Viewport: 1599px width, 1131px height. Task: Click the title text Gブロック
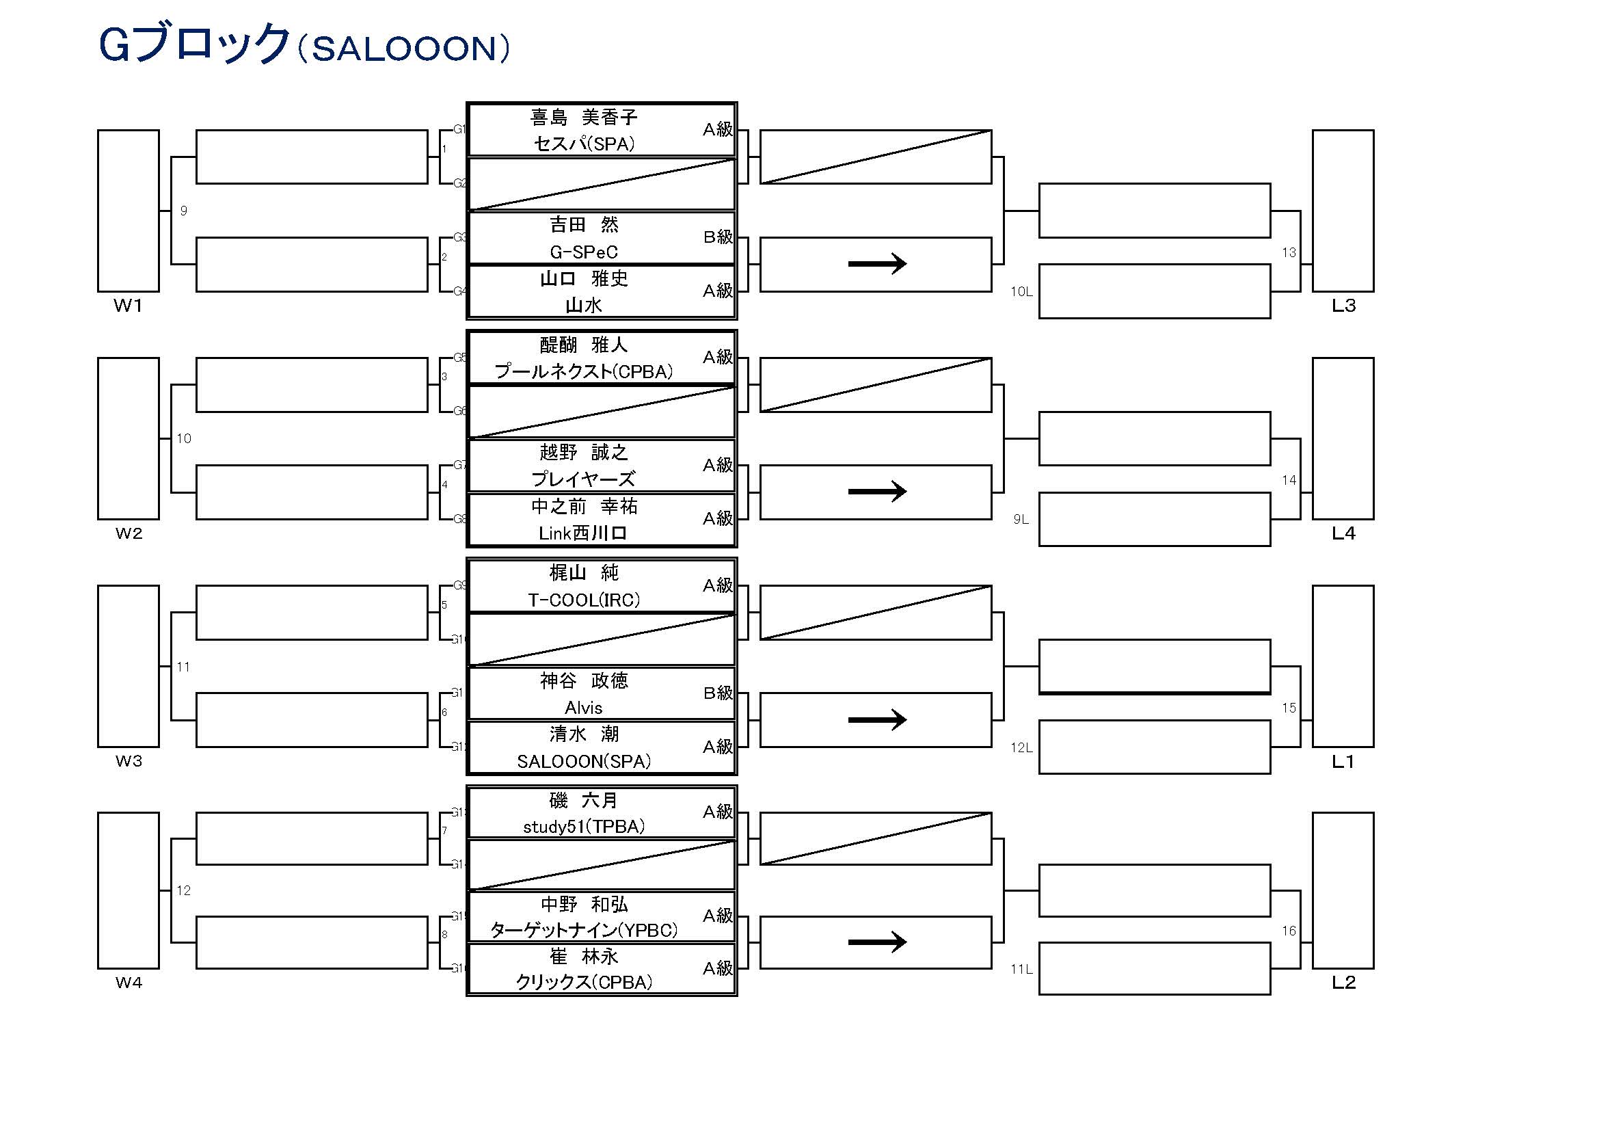point(193,45)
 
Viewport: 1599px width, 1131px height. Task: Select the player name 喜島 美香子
point(584,117)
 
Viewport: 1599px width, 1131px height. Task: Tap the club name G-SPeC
point(584,252)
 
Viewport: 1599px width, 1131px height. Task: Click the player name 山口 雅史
point(584,278)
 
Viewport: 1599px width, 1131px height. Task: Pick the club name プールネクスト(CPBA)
point(584,372)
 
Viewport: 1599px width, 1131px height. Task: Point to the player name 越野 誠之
point(584,453)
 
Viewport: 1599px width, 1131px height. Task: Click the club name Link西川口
point(584,533)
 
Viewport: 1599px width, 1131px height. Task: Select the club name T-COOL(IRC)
point(584,600)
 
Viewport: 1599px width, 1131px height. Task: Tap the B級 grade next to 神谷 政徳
point(717,693)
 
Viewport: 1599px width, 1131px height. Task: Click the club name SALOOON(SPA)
point(584,762)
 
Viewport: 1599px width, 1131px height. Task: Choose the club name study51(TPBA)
point(584,827)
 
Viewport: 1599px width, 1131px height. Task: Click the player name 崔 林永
point(584,957)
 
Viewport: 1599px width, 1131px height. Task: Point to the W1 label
point(128,306)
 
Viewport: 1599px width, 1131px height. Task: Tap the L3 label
point(1343,306)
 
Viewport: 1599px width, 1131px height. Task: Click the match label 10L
point(1021,292)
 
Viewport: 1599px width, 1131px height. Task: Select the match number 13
point(1289,253)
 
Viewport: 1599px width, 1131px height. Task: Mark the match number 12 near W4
point(183,890)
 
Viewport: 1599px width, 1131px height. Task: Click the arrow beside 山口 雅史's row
point(877,264)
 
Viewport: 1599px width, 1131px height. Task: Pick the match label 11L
point(1021,970)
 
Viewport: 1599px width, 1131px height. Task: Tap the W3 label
point(128,761)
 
